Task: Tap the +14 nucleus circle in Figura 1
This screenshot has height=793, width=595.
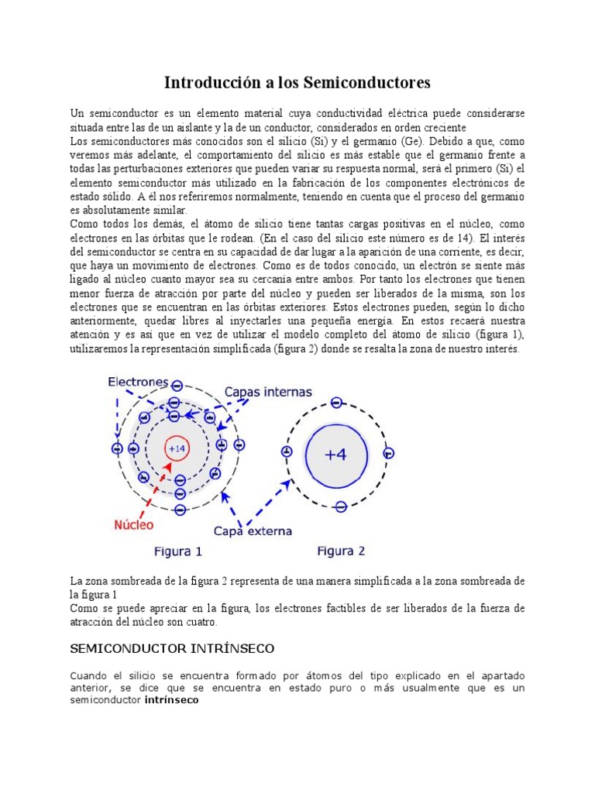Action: [x=177, y=448]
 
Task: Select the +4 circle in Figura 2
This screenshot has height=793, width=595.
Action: [x=336, y=455]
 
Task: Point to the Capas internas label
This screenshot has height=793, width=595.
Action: [x=268, y=392]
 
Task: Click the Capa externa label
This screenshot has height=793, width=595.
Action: [x=253, y=531]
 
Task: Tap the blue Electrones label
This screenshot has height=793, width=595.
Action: [x=138, y=382]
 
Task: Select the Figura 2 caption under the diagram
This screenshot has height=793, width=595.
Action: [x=341, y=551]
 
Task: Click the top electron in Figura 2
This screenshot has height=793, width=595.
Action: [x=336, y=403]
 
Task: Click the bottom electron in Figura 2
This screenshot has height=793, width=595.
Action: [x=340, y=507]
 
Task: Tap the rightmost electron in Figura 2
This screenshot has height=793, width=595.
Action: [x=389, y=453]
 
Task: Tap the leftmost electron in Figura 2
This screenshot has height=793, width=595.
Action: [x=287, y=451]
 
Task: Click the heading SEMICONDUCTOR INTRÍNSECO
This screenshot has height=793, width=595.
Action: [x=172, y=647]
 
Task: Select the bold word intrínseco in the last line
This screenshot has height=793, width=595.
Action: [x=171, y=700]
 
